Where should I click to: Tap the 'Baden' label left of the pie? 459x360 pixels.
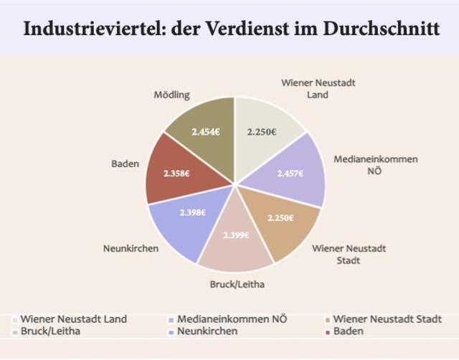[x=126, y=164]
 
